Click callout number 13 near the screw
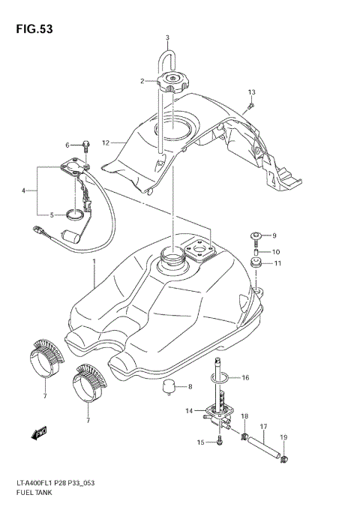click(x=252, y=91)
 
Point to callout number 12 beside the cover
click(x=106, y=142)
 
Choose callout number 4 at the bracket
click(x=24, y=190)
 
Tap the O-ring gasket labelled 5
click(x=73, y=215)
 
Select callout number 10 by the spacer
click(x=277, y=251)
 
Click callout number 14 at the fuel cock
click(x=190, y=410)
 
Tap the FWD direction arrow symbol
click(x=37, y=433)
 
